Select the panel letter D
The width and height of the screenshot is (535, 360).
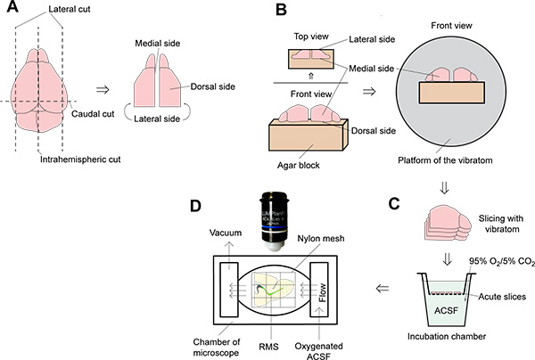pos(200,209)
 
